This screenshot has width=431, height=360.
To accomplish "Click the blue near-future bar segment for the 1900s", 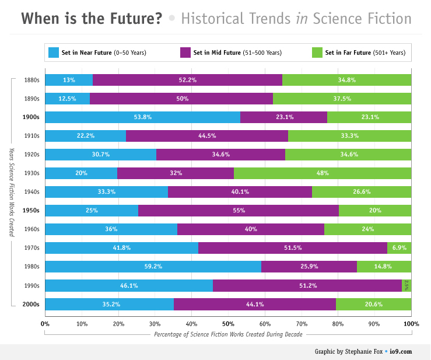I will [142, 117].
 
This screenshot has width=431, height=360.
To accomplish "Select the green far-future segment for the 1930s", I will [323, 173].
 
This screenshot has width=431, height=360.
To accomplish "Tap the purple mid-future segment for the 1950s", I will [238, 211].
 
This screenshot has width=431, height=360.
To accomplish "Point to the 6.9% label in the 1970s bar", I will [400, 248].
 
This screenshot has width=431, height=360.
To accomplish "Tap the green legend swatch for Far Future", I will [318, 53].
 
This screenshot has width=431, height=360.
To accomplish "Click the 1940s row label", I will [31, 192].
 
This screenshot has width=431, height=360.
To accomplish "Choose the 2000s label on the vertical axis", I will [30, 304].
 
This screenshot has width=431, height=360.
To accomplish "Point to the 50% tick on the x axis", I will [228, 323].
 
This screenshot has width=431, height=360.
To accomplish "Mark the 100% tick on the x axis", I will [411, 323].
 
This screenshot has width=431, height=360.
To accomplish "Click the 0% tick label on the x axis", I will [45, 323].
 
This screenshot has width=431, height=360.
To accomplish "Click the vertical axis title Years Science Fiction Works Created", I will [11, 192].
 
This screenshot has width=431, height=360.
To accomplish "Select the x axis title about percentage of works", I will [228, 334].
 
